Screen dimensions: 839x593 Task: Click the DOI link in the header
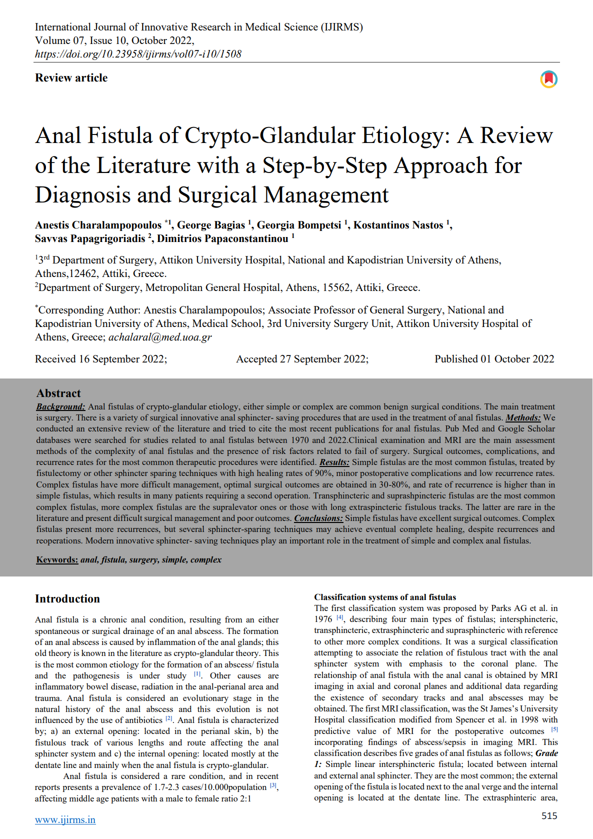(x=138, y=54)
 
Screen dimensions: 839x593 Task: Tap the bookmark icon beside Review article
(x=548, y=79)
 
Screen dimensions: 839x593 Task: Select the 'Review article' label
(x=71, y=78)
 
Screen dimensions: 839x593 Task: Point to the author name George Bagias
(x=211, y=225)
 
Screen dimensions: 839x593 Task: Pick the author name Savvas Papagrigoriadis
(x=90, y=238)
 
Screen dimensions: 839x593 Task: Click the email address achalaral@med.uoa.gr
(x=160, y=337)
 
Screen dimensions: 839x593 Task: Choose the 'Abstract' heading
(x=58, y=393)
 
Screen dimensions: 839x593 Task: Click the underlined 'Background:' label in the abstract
(x=60, y=406)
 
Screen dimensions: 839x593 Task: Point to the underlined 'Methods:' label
(x=523, y=417)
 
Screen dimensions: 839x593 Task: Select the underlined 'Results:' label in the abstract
(x=334, y=462)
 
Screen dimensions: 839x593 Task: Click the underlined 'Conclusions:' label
(x=318, y=518)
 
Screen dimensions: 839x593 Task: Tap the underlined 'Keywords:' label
(x=57, y=559)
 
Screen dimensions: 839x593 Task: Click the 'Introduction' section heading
(x=67, y=598)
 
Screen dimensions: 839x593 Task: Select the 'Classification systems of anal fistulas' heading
(x=385, y=597)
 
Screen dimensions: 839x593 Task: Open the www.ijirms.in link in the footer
(x=65, y=819)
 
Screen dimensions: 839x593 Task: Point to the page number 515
(x=549, y=815)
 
